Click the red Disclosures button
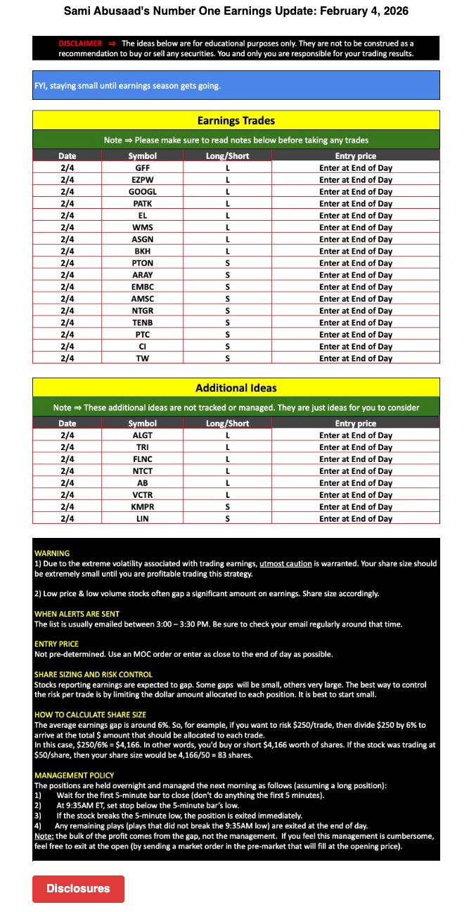(x=78, y=888)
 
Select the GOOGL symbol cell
(x=143, y=191)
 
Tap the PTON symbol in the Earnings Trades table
(x=143, y=263)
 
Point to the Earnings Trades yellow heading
(x=236, y=120)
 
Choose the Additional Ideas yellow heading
(x=236, y=387)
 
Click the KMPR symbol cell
(x=143, y=506)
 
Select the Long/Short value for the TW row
(x=227, y=358)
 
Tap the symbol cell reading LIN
(x=143, y=518)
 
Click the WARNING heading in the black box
(x=52, y=553)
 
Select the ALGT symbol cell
(x=143, y=435)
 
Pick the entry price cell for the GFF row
(x=356, y=167)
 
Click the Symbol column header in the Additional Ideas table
(x=143, y=423)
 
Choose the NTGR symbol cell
(x=143, y=310)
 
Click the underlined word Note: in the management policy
(x=44, y=836)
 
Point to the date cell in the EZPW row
(x=68, y=179)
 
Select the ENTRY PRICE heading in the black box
(x=56, y=644)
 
